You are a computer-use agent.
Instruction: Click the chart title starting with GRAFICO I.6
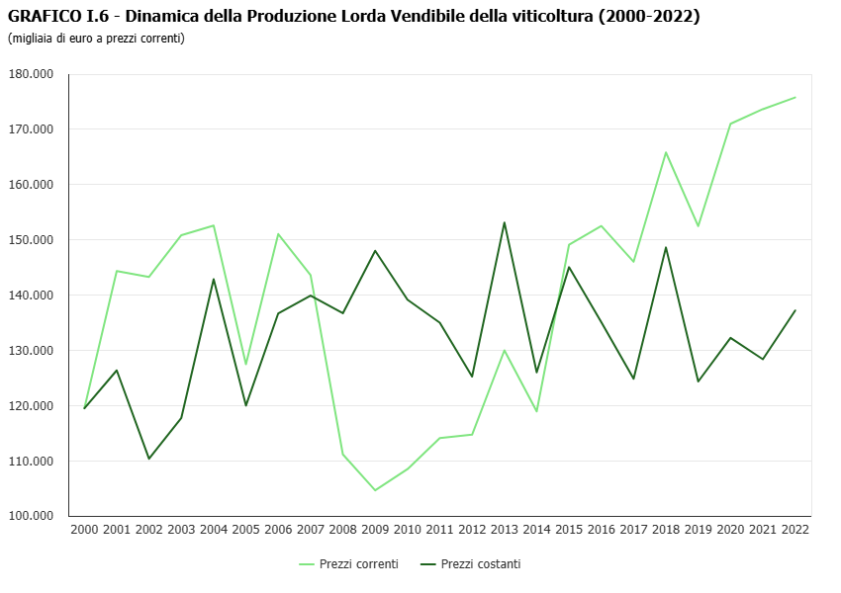353,17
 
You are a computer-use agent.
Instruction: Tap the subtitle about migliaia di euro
96,39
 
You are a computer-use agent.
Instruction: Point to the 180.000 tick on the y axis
31,74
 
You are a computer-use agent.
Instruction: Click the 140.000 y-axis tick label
31,296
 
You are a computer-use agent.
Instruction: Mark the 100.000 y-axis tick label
31,516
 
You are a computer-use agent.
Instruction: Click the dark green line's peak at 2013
504,222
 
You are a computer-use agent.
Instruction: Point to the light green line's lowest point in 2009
375,490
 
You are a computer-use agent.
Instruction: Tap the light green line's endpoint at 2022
794,97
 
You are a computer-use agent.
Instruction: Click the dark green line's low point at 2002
149,459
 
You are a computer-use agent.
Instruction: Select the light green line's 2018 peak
666,152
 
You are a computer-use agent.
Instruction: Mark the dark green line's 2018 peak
666,247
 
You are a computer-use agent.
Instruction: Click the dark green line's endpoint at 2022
794,310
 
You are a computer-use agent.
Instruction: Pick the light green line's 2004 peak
214,225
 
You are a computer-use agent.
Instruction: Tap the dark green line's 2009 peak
375,250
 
